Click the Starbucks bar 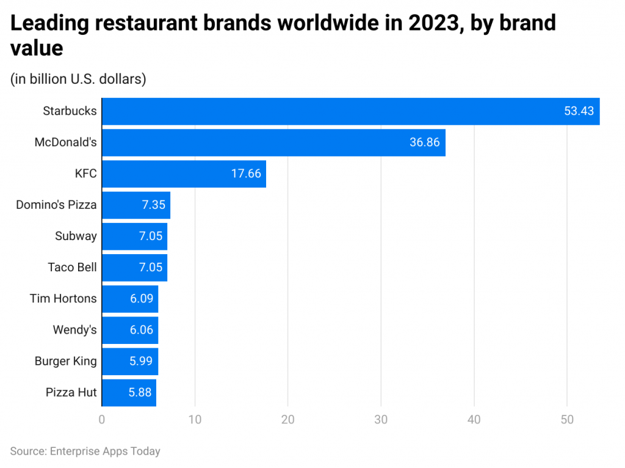(x=350, y=111)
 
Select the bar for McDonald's (x=273, y=142)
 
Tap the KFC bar (x=184, y=174)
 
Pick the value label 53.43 (x=579, y=111)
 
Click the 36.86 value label (x=424, y=142)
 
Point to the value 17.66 (x=246, y=174)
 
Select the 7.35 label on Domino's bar (x=153, y=205)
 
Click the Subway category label (x=76, y=236)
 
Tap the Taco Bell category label (x=72, y=267)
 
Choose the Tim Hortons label (x=63, y=298)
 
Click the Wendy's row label (x=74, y=330)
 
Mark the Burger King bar (x=130, y=361)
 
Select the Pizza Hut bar (x=129, y=392)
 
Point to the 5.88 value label (x=140, y=392)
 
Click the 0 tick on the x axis (x=102, y=420)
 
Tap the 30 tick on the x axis (x=381, y=420)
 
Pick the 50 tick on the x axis (x=567, y=420)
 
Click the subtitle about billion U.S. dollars (x=78, y=79)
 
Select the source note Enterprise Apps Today (x=85, y=452)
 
